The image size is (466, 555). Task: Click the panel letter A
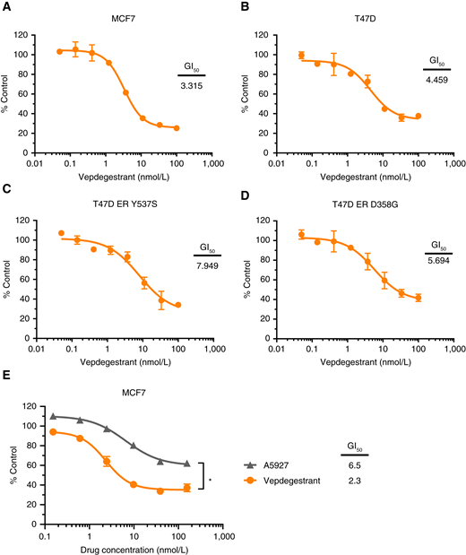pyautogui.click(x=7, y=7)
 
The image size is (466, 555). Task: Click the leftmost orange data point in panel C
pyautogui.click(x=61, y=233)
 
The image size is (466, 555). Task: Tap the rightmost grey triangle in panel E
pyautogui.click(x=186, y=464)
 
